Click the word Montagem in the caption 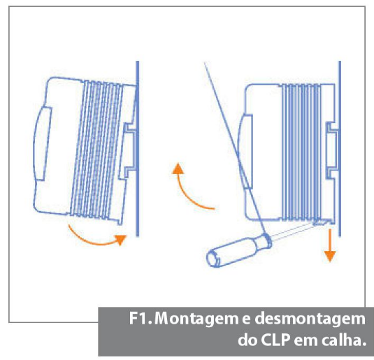[x=196, y=319]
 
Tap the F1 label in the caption [x=140, y=318]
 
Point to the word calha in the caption [x=344, y=340]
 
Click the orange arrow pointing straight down [x=330, y=245]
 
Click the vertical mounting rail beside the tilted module [x=138, y=149]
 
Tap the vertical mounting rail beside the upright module [x=340, y=149]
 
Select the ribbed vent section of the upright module [x=301, y=152]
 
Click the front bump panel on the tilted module [x=43, y=144]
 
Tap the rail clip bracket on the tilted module [x=128, y=151]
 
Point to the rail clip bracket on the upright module [x=332, y=150]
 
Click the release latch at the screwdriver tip [x=319, y=222]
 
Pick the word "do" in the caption [x=247, y=339]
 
